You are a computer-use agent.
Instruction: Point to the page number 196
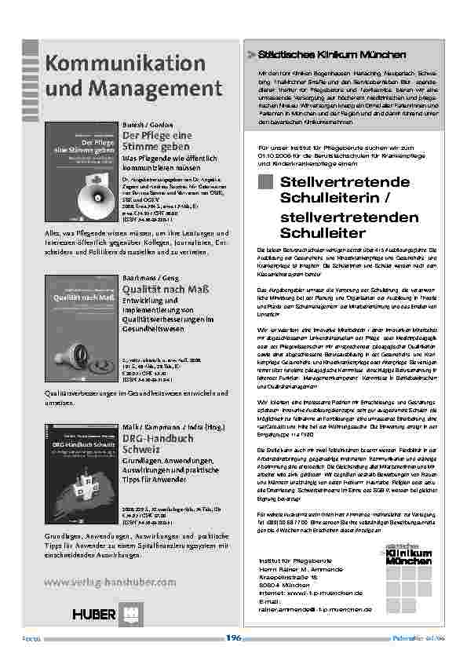coord(233,638)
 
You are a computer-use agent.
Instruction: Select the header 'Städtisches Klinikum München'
coord(327,56)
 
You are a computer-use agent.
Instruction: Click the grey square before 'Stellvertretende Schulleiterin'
coord(265,182)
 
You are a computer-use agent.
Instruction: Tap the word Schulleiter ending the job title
coord(322,232)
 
